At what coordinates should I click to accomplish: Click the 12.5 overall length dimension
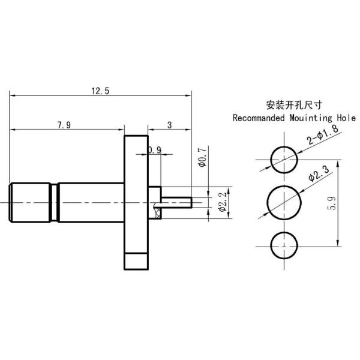pyautogui.click(x=100, y=91)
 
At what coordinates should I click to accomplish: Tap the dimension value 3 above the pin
pyautogui.click(x=169, y=125)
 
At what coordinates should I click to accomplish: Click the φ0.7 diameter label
pyautogui.click(x=202, y=157)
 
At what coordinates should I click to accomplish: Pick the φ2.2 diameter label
pyautogui.click(x=221, y=202)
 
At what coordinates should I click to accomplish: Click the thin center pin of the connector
pyautogui.click(x=177, y=202)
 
